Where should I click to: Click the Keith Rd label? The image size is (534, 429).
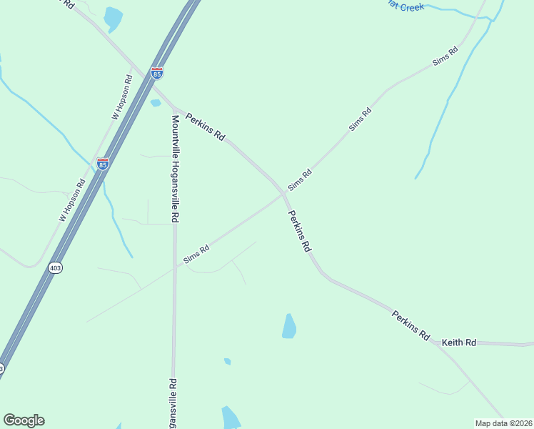(458, 343)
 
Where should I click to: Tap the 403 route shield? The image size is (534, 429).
(55, 267)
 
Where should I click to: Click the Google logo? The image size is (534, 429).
(24, 420)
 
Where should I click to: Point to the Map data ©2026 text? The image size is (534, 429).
(503, 423)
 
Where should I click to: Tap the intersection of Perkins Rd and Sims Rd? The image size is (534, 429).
(284, 193)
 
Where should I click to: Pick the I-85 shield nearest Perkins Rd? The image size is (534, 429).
(157, 73)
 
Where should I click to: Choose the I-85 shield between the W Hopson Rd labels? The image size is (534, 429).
(103, 164)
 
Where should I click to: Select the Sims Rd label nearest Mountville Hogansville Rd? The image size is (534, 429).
(196, 254)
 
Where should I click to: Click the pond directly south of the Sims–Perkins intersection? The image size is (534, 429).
(289, 326)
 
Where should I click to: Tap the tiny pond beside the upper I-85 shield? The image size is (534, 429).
(156, 103)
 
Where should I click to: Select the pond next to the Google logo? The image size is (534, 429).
(231, 418)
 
